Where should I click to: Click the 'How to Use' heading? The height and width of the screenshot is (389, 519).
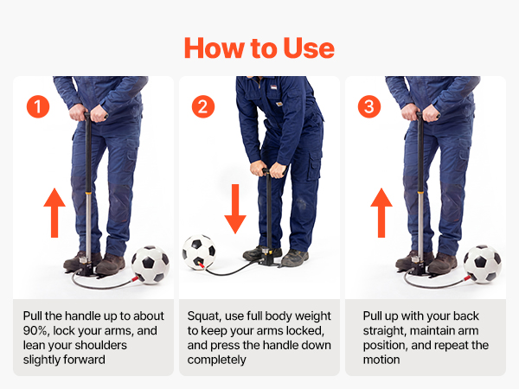point(259,48)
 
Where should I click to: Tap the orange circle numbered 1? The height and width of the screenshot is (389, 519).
point(38,106)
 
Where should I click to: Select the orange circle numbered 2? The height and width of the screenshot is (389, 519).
point(203,106)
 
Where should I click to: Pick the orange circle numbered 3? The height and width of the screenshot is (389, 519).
point(369,106)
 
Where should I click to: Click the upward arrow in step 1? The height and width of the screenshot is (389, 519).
point(54,213)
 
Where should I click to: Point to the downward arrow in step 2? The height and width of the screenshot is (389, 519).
point(235,209)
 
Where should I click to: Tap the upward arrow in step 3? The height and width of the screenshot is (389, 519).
point(381,213)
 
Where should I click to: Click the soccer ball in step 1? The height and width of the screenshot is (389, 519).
point(151,265)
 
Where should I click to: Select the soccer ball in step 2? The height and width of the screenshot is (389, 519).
point(199,252)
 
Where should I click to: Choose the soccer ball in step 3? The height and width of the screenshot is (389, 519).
point(483,264)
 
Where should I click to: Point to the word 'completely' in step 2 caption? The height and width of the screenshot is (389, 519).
point(217,360)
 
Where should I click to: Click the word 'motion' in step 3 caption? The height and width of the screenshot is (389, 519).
point(381,360)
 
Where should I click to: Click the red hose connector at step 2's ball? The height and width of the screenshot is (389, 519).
point(201,265)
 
